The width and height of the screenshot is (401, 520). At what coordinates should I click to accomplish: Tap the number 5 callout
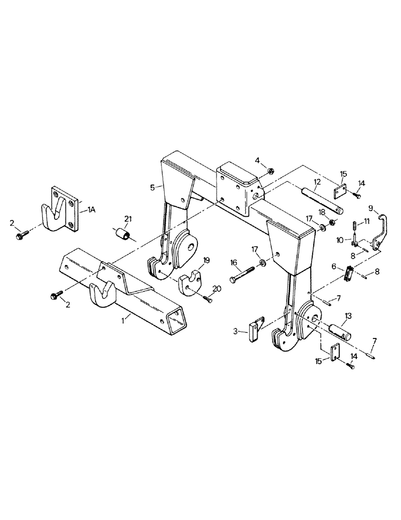(153, 187)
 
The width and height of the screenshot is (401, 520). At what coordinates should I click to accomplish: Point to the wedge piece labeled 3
(253, 331)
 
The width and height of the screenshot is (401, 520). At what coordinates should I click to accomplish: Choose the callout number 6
(334, 266)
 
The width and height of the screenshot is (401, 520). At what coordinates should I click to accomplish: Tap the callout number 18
(322, 212)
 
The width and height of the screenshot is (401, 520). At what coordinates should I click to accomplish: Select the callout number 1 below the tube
(123, 322)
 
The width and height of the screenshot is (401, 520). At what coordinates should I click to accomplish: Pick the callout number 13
(347, 316)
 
